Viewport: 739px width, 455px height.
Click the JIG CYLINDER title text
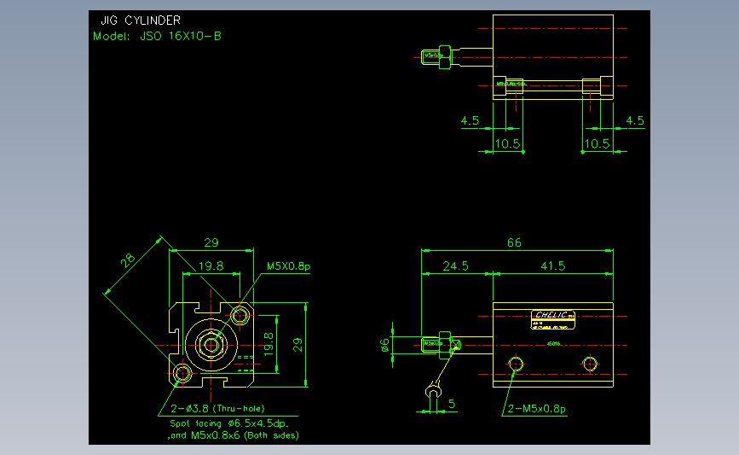[140, 20]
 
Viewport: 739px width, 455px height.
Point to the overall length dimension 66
[514, 242]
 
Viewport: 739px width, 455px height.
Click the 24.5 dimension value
[456, 266]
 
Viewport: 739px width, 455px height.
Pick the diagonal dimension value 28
[129, 260]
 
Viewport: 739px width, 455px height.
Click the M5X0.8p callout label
[288, 266]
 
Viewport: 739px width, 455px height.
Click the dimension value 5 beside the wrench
[452, 403]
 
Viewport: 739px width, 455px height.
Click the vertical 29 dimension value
[297, 344]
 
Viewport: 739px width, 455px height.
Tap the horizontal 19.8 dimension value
[211, 266]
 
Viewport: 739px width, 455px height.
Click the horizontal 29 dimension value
[211, 242]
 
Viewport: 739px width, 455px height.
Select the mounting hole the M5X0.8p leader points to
[240, 316]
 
